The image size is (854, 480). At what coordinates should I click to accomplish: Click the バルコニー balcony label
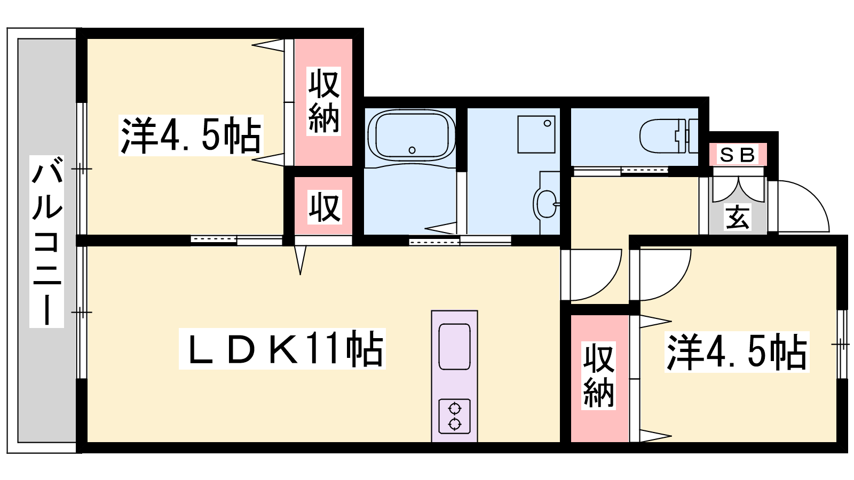coord(47,242)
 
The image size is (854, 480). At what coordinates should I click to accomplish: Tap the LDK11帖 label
coord(282,349)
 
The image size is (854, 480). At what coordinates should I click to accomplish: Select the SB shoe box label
coord(737,155)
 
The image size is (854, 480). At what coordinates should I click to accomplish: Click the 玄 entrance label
coord(738,218)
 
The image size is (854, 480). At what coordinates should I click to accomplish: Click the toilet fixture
coord(669,136)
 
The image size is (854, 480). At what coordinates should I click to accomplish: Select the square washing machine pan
coord(536,134)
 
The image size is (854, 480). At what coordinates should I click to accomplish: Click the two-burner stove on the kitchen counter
coord(454,416)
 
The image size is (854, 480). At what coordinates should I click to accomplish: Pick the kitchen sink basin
coord(454,347)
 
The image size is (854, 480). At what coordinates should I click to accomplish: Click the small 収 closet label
coord(324,208)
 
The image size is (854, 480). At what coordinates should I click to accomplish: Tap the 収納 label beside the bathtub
coord(323,101)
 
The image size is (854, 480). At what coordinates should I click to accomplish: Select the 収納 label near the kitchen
coord(598,375)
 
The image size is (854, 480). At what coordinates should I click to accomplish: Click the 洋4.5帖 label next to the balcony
coord(191,135)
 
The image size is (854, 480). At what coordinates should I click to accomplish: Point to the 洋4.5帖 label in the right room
coord(737,351)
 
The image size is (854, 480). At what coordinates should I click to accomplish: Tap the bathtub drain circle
coord(412,150)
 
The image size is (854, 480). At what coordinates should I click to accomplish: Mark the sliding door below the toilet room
coord(621,171)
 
